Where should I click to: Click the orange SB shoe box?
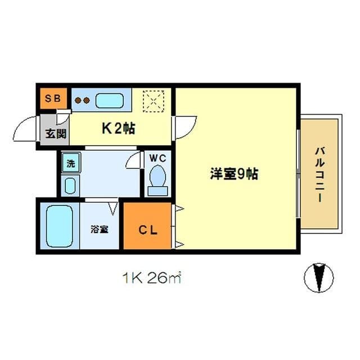click(x=52, y=99)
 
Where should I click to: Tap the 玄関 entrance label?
click(x=56, y=133)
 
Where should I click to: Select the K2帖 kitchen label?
click(x=118, y=128)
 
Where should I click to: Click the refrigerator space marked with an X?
click(x=152, y=101)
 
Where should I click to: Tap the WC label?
click(x=157, y=157)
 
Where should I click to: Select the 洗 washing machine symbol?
click(x=71, y=164)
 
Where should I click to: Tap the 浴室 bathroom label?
click(x=100, y=229)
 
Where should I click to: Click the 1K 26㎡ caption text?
click(x=150, y=277)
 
